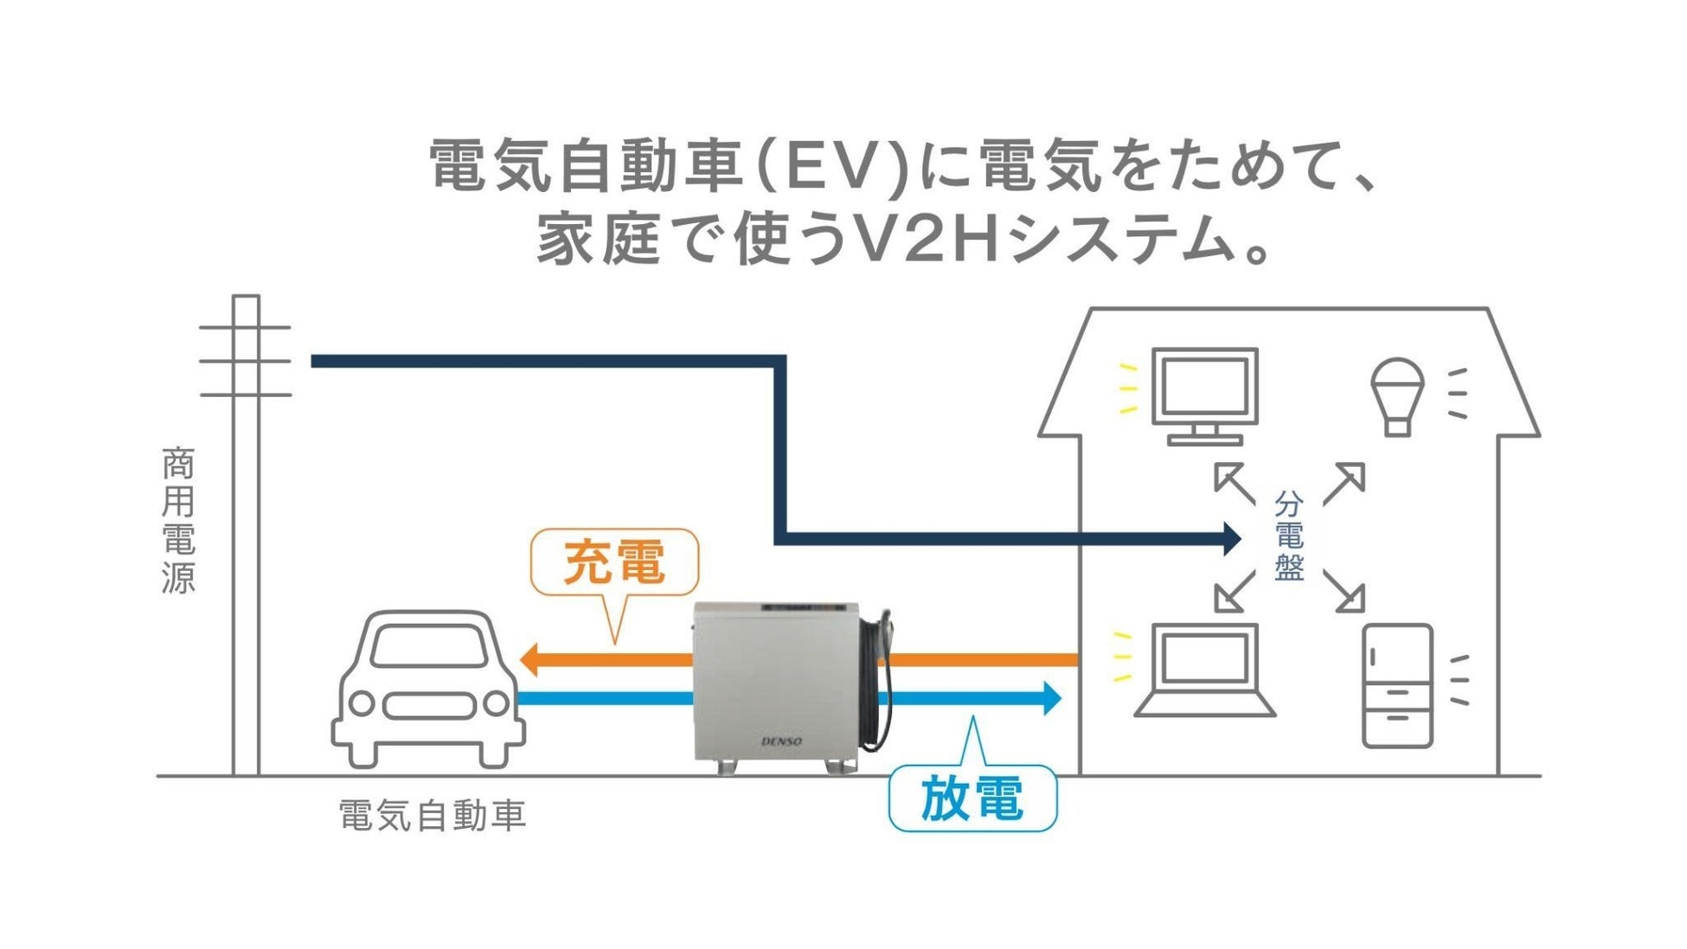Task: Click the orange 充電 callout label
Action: pyautogui.click(x=613, y=562)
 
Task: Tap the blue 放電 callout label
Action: pyautogui.click(x=972, y=798)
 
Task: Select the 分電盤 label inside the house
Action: pyautogui.click(x=1288, y=536)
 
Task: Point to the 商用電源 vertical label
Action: pyautogui.click(x=178, y=520)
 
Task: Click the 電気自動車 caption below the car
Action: pyautogui.click(x=432, y=816)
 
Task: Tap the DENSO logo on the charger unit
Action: pyautogui.click(x=781, y=741)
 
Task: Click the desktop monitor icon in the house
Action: pyautogui.click(x=1204, y=394)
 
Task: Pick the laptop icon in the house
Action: pyautogui.click(x=1204, y=670)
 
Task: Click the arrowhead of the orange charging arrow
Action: pyautogui.click(x=529, y=660)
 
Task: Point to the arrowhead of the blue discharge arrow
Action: pyautogui.click(x=1051, y=698)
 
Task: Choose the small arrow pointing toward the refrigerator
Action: pyautogui.click(x=1346, y=594)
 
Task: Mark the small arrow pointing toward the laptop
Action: pyautogui.click(x=1232, y=593)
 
